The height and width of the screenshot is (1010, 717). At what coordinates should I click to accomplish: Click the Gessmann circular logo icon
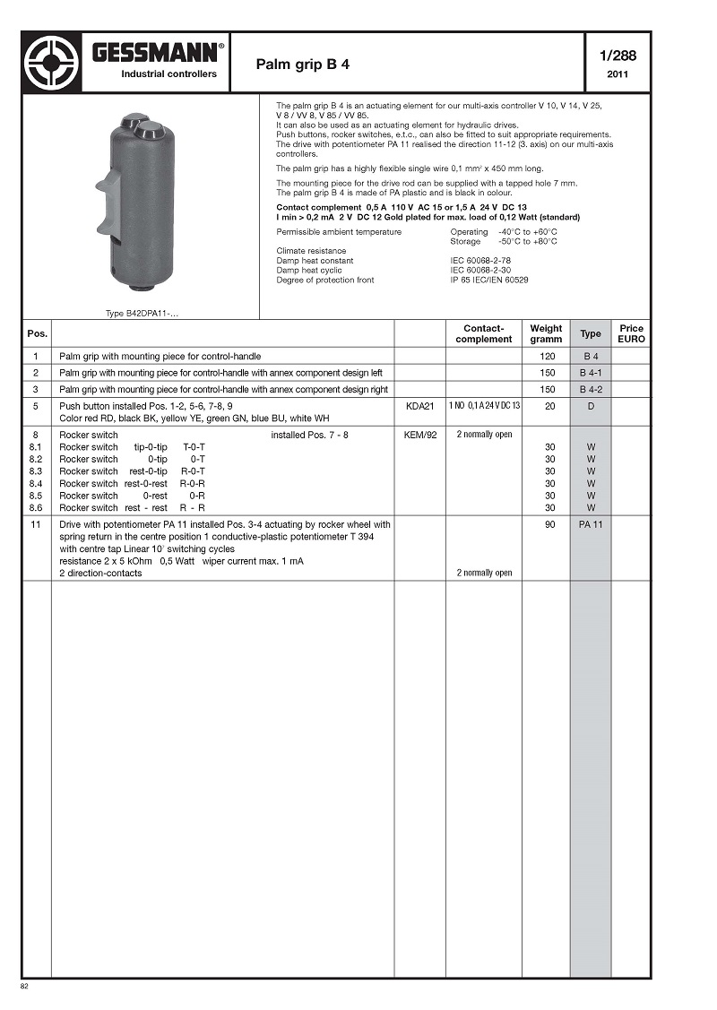tap(52, 63)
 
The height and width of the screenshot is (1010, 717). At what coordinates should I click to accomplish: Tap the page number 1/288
tap(617, 56)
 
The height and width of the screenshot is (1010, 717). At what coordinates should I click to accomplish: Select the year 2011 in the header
tap(617, 74)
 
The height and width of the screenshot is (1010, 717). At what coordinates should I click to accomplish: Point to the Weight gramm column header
tap(546, 333)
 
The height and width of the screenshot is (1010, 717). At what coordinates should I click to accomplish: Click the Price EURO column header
tap(631, 333)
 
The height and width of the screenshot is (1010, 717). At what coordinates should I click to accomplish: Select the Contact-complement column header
tap(483, 333)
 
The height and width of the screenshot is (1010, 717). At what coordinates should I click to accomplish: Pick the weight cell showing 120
tap(546, 357)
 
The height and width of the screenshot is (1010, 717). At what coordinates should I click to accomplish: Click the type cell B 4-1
tap(591, 372)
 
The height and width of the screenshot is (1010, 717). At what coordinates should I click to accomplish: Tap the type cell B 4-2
tap(591, 390)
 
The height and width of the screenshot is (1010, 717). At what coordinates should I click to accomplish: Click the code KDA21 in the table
tap(419, 406)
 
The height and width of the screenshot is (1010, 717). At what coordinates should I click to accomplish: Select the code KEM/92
tap(419, 435)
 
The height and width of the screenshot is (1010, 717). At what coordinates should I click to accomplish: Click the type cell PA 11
tap(591, 524)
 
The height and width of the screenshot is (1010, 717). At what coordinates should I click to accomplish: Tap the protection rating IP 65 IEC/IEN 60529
tap(489, 281)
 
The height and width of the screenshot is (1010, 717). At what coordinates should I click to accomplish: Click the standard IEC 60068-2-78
tap(480, 261)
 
